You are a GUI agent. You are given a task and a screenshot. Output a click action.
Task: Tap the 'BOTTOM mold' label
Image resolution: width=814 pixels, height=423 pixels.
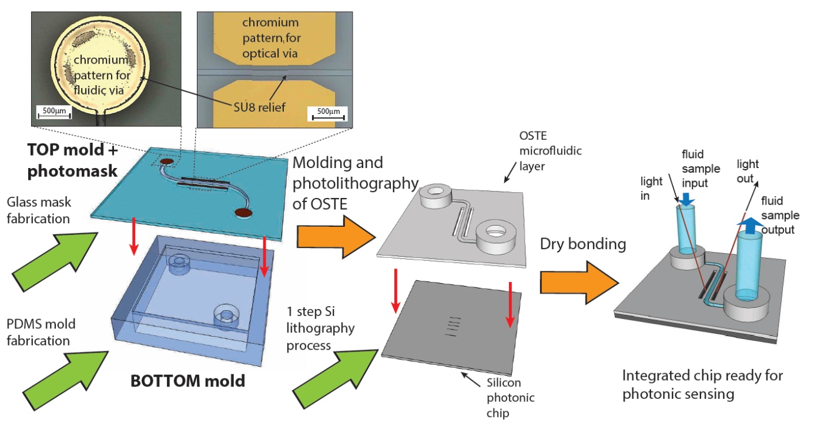pyautogui.click(x=187, y=381)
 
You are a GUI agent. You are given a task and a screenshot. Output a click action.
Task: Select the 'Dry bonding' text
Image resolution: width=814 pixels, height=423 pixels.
pyautogui.click(x=583, y=244)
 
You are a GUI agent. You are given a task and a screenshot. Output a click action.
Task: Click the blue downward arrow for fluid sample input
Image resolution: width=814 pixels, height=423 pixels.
pyautogui.click(x=685, y=202)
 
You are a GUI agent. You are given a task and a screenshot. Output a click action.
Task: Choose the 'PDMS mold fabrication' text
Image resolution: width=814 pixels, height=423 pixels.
pyautogui.click(x=39, y=332)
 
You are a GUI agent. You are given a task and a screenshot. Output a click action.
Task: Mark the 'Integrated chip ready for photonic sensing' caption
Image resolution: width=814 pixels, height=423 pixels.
pyautogui.click(x=702, y=384)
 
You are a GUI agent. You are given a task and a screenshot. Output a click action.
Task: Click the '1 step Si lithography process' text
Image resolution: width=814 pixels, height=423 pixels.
pyautogui.click(x=321, y=328)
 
